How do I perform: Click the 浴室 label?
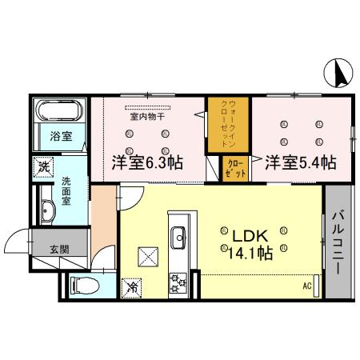[61, 136]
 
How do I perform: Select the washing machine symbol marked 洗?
[42, 168]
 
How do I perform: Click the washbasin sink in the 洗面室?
[46, 213]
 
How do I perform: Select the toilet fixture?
[84, 282]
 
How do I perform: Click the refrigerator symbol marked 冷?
[130, 285]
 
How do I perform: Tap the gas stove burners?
[177, 282]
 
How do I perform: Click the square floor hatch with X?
[149, 256]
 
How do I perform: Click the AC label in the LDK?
[306, 286]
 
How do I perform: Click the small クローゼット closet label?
[233, 170]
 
